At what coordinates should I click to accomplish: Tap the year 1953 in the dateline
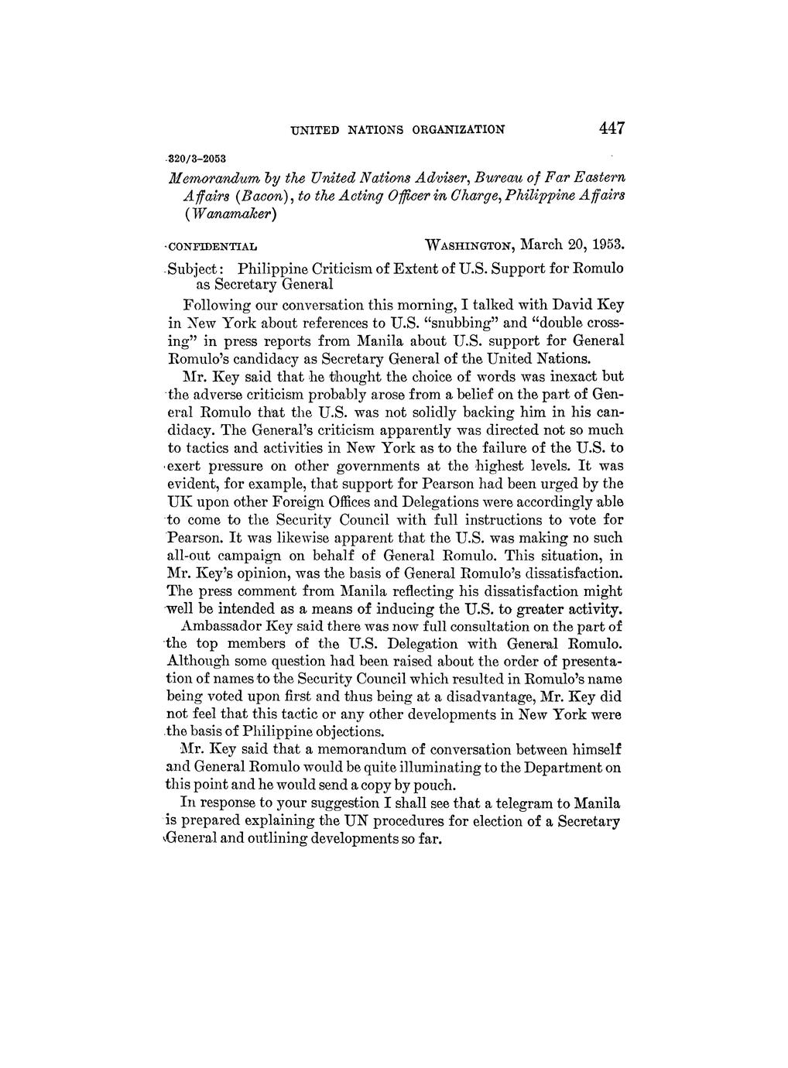pyautogui.click(x=604, y=245)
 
